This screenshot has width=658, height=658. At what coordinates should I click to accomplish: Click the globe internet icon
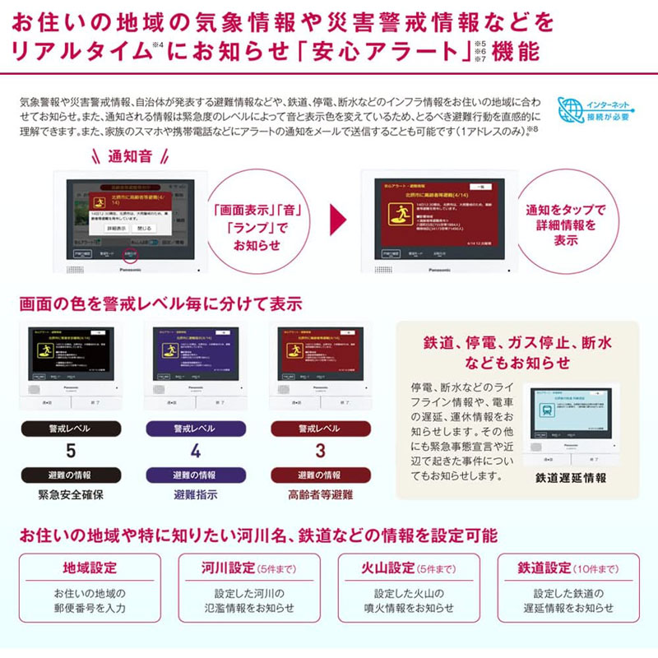570,110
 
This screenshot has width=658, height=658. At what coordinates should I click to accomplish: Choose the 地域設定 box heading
90,568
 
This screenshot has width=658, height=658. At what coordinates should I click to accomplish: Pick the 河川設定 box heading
227,568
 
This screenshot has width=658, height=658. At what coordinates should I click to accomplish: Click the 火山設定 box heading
387,568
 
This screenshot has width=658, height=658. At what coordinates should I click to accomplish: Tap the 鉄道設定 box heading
544,568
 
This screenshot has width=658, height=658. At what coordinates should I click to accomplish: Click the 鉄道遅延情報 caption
571,478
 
